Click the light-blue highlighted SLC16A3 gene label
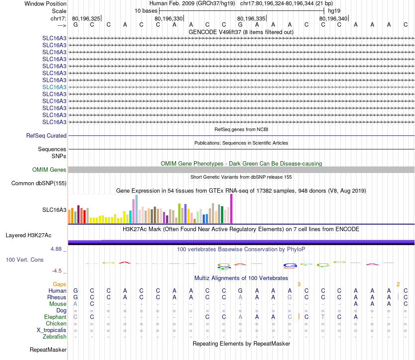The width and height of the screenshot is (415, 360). click(54, 87)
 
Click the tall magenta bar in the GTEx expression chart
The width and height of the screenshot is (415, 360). click(232, 209)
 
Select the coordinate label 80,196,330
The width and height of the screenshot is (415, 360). click(169, 18)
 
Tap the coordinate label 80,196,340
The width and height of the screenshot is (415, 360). click(333, 18)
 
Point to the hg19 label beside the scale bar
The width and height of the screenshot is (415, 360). click(334, 10)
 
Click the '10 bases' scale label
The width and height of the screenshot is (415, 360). click(146, 10)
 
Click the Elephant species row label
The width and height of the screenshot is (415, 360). click(55, 317)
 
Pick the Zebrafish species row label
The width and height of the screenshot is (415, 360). click(55, 337)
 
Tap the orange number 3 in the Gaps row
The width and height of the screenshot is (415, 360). click(299, 284)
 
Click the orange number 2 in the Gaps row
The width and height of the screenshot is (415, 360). click(398, 284)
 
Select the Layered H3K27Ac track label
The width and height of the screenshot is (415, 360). click(28, 235)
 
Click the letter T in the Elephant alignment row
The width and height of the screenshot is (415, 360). click(323, 317)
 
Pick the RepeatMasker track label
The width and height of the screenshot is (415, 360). click(48, 350)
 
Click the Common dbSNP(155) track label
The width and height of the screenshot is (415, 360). click(39, 183)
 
